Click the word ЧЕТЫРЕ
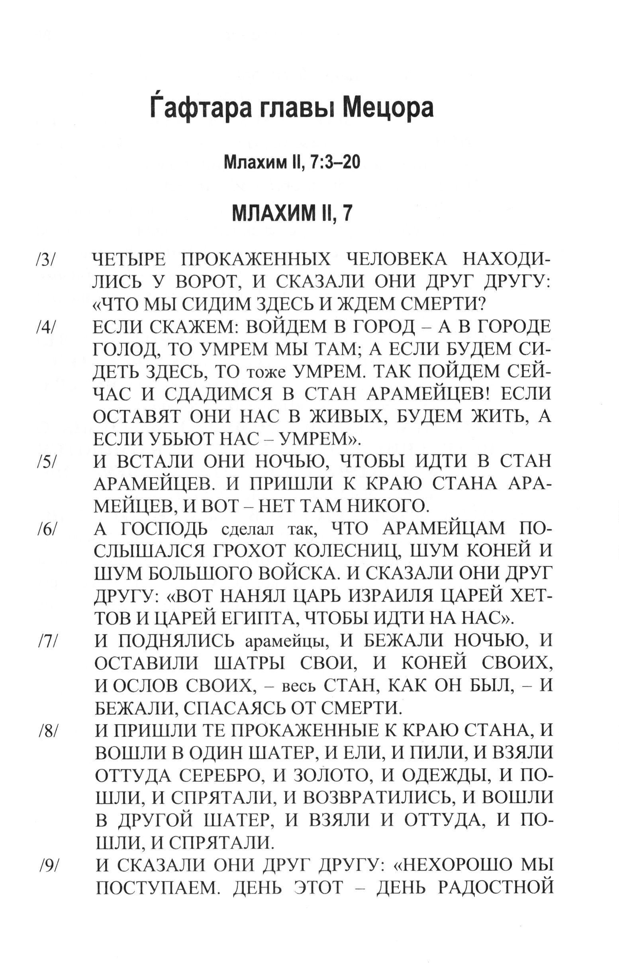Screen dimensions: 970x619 (x=129, y=260)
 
